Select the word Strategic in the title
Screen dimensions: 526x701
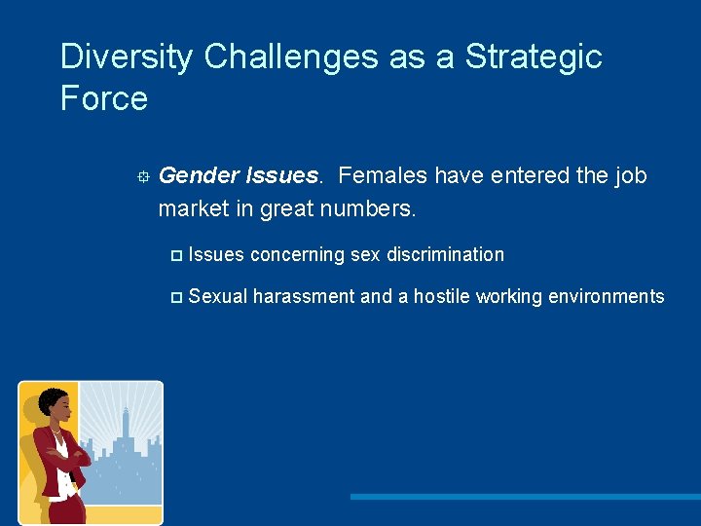[534, 57]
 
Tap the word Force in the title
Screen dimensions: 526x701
[103, 98]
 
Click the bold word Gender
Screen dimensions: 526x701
[200, 176]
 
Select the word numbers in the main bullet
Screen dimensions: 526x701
[373, 209]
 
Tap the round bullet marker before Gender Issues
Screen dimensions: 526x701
[142, 177]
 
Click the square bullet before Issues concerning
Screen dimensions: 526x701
[175, 255]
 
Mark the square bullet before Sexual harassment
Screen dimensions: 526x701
[175, 297]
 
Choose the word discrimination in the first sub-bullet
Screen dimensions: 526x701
[445, 255]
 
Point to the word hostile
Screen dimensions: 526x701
[444, 297]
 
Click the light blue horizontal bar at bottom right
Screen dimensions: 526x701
[525, 497]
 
